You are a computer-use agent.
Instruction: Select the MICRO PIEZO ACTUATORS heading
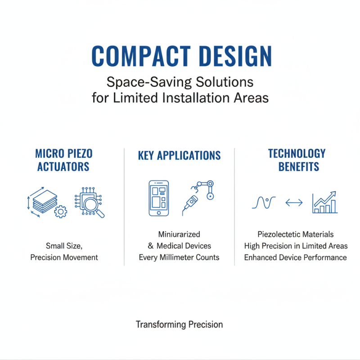[63, 160]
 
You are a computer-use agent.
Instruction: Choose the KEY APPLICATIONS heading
[179, 156]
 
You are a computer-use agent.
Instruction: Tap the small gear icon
[60, 211]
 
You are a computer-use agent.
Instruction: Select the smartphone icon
[158, 198]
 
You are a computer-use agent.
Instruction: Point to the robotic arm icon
[198, 195]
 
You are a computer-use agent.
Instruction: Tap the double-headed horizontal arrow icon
[294, 203]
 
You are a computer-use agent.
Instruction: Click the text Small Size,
[64, 246]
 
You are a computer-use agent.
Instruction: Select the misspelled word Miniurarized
[179, 234]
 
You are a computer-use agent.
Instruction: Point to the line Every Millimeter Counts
[179, 257]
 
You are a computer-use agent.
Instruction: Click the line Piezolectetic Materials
[296, 234]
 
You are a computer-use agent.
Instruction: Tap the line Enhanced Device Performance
[296, 257]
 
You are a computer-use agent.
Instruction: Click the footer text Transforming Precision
[179, 324]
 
